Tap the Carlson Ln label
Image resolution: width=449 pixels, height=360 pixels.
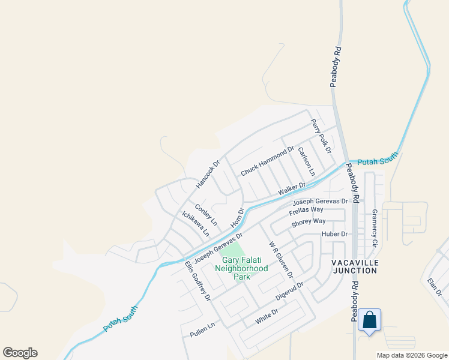click(x=306, y=161)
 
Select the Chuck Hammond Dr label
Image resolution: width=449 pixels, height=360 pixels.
click(x=267, y=162)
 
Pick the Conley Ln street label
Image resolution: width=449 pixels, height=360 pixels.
click(x=205, y=214)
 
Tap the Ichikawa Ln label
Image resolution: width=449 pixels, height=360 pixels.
click(x=196, y=223)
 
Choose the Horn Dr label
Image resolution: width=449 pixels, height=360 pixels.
click(x=238, y=218)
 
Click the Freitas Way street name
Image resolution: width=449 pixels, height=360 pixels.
click(x=306, y=210)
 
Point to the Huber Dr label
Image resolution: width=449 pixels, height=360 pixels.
click(x=335, y=234)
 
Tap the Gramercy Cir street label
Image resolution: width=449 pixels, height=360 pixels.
click(x=375, y=228)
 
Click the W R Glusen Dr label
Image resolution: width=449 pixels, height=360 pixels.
click(x=280, y=260)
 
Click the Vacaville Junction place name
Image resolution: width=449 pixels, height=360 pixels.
click(x=354, y=266)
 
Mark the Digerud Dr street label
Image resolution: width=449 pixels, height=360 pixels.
click(x=291, y=292)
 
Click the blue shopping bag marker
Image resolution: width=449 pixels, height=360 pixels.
click(x=370, y=320)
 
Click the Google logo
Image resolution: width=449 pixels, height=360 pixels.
click(x=20, y=353)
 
